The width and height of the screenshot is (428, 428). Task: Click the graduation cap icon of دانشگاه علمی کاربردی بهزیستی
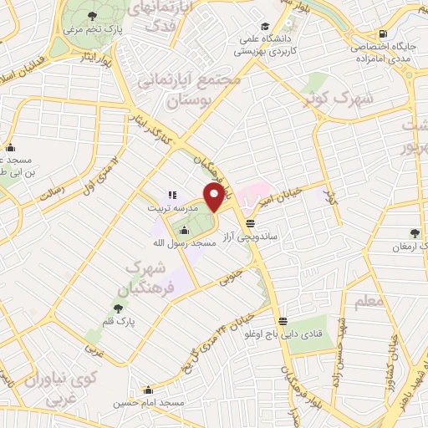[x=266, y=26]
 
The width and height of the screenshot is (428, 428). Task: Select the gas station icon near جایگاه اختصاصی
[x=382, y=33]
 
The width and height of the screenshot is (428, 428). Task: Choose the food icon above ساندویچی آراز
[x=251, y=222]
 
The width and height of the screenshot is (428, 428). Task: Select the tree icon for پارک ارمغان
[x=415, y=233]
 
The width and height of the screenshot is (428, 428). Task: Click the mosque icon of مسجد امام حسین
[x=148, y=390]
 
